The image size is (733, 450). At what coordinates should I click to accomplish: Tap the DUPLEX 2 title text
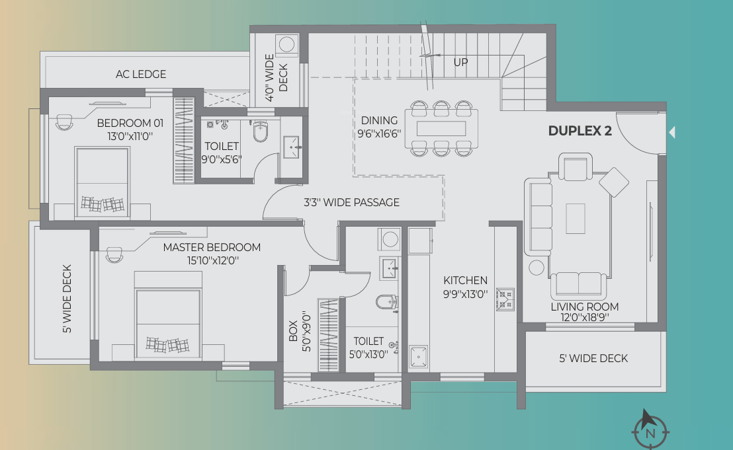point(580,131)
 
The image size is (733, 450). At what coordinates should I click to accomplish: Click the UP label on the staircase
point(461,62)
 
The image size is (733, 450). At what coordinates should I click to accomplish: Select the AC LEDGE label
point(141,74)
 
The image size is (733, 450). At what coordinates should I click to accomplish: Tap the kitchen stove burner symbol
point(506,299)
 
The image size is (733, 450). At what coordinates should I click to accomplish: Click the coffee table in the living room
point(576,218)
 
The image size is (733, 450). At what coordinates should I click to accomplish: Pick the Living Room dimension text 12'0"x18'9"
point(584,317)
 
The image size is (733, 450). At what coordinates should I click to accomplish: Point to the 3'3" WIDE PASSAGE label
point(351,202)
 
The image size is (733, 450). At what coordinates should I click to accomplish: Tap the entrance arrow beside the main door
point(672,133)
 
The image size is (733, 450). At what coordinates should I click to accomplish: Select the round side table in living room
point(536,268)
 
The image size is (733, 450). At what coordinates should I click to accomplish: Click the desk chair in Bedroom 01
point(64,122)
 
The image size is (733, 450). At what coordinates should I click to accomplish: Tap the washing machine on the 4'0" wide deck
point(286,44)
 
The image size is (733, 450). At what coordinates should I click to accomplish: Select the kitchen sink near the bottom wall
point(418,357)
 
